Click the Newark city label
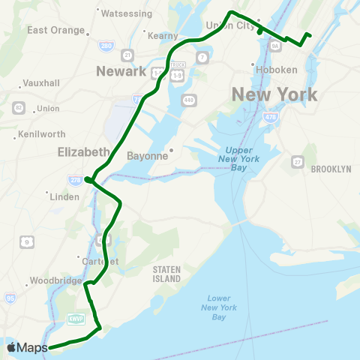[x=121, y=71]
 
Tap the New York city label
[x=274, y=95]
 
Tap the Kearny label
[x=165, y=35]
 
